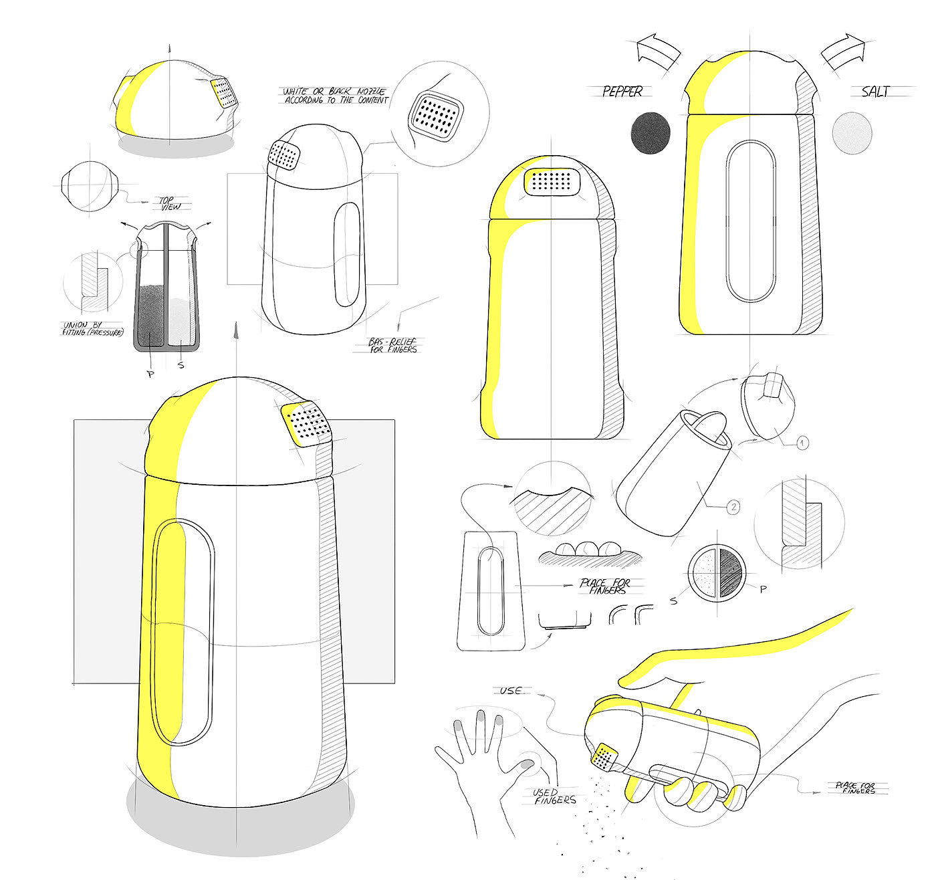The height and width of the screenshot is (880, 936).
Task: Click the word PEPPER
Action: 622,92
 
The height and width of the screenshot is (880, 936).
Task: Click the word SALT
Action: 875,92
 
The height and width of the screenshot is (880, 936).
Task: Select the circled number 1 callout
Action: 802,442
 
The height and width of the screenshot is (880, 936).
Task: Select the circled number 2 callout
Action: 733,508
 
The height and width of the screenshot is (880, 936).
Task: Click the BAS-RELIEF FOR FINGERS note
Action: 393,345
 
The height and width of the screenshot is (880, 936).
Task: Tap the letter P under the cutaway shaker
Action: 150,374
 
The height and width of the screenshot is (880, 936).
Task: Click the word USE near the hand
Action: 510,690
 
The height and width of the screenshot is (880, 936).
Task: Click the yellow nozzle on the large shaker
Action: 308,423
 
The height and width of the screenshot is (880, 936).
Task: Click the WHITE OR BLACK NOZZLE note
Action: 335,95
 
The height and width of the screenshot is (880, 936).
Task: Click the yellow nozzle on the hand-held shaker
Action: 605,756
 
